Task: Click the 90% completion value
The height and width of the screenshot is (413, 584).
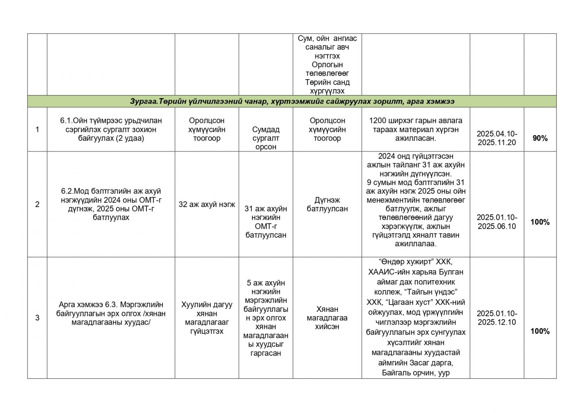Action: pyautogui.click(x=540, y=138)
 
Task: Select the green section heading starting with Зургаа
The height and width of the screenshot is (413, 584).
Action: pyautogui.click(x=292, y=101)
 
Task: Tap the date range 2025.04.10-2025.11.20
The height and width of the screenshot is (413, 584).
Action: pyautogui.click(x=497, y=138)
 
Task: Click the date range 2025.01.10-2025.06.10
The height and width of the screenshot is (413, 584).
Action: pyautogui.click(x=497, y=222)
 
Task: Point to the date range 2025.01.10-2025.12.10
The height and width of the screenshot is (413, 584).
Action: pyautogui.click(x=497, y=318)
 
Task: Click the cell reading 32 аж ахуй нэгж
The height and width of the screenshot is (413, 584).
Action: pyautogui.click(x=207, y=204)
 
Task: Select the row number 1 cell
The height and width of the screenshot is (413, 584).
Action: pyautogui.click(x=37, y=129)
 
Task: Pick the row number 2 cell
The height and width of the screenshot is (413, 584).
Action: pyautogui.click(x=37, y=204)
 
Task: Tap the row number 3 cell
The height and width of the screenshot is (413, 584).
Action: pyautogui.click(x=37, y=318)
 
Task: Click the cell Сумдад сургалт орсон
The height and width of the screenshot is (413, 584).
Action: pyautogui.click(x=266, y=138)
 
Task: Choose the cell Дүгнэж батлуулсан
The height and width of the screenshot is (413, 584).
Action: pyautogui.click(x=327, y=204)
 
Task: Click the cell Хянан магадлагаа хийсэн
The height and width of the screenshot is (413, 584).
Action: pyautogui.click(x=327, y=318)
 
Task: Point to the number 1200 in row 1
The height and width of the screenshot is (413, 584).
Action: pyautogui.click(x=377, y=121)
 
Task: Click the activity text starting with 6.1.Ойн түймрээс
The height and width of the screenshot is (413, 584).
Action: pyautogui.click(x=111, y=129)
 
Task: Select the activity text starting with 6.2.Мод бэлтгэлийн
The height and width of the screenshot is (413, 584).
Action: pyautogui.click(x=111, y=204)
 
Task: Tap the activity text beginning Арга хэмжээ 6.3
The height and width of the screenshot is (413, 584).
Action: pyautogui.click(x=111, y=313)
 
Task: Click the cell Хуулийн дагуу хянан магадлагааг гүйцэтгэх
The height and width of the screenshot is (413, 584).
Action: pyautogui.click(x=207, y=318)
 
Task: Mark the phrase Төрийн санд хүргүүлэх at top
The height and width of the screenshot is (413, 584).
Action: pyautogui.click(x=327, y=87)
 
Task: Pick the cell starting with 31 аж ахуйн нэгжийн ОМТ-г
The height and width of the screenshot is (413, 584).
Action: pyautogui.click(x=266, y=222)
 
